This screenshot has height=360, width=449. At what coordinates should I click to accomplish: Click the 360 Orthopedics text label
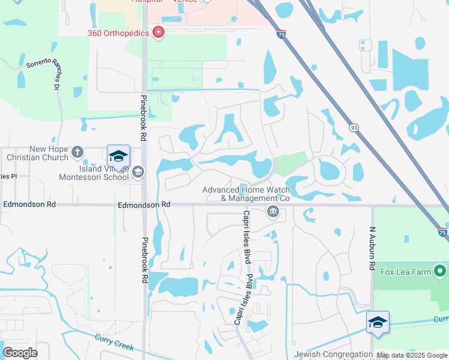point(118,33)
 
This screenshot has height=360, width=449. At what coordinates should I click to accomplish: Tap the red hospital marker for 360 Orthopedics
point(158,32)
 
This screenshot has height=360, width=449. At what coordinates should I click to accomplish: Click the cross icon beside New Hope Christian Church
point(77,152)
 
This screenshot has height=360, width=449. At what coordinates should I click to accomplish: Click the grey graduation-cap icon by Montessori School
point(138,173)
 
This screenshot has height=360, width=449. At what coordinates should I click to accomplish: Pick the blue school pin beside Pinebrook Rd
point(119,157)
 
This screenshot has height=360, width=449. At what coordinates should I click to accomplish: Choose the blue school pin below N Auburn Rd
point(378,323)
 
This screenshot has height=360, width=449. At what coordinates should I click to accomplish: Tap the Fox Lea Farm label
point(406,272)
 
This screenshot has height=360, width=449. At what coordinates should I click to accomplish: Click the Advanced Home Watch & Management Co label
point(246,193)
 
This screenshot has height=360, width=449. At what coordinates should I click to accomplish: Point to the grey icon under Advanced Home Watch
point(273,211)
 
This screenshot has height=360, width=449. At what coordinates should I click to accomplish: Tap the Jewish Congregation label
point(333,354)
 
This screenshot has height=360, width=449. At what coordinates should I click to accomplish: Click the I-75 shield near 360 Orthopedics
point(282,35)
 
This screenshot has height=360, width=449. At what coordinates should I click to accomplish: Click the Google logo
point(20,353)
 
